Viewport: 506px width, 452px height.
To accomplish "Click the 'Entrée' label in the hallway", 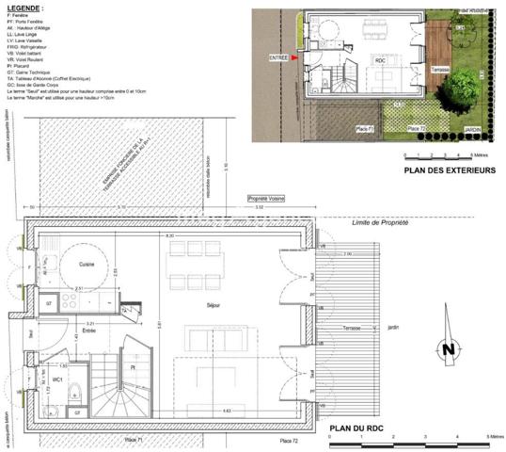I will [x=88, y=331].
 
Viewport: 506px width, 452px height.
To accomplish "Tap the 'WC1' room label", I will [x=57, y=379].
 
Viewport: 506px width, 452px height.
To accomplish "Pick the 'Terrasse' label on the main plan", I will [x=352, y=328].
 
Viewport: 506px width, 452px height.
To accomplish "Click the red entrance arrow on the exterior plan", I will [x=294, y=57].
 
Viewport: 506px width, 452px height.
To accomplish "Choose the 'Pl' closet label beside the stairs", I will [x=134, y=367].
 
